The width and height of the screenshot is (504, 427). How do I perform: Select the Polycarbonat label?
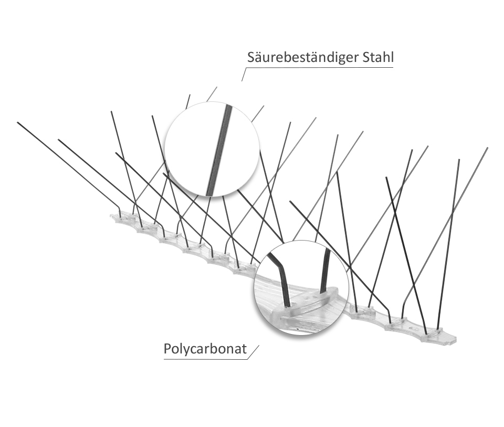(x=205, y=349)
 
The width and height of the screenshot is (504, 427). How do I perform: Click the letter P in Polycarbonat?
(x=167, y=349)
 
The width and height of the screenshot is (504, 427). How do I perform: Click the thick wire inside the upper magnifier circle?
(x=219, y=150)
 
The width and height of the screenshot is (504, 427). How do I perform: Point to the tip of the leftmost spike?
(x=18, y=122)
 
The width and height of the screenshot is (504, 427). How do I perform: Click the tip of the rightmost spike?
(x=487, y=148)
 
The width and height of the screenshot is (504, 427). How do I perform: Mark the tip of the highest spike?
(x=217, y=87)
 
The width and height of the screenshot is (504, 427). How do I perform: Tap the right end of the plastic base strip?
(x=456, y=340)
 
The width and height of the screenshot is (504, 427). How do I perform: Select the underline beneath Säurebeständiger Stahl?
(x=320, y=68)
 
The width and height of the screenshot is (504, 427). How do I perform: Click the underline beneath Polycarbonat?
(x=205, y=359)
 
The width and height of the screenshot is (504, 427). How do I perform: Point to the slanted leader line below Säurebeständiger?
(x=244, y=74)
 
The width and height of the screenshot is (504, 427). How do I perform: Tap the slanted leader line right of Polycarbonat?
(x=253, y=352)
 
